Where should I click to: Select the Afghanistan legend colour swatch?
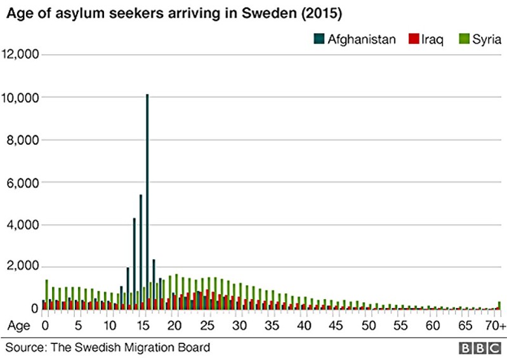tap(319, 39)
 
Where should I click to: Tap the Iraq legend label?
tap(430, 39)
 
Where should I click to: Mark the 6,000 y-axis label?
tap(23, 182)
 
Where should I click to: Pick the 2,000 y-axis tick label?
tap(23, 267)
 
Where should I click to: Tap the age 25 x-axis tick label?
tap(206, 326)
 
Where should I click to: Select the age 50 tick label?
tap(367, 326)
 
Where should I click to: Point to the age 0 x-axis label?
tap(45, 326)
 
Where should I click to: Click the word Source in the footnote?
tap(23, 347)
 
